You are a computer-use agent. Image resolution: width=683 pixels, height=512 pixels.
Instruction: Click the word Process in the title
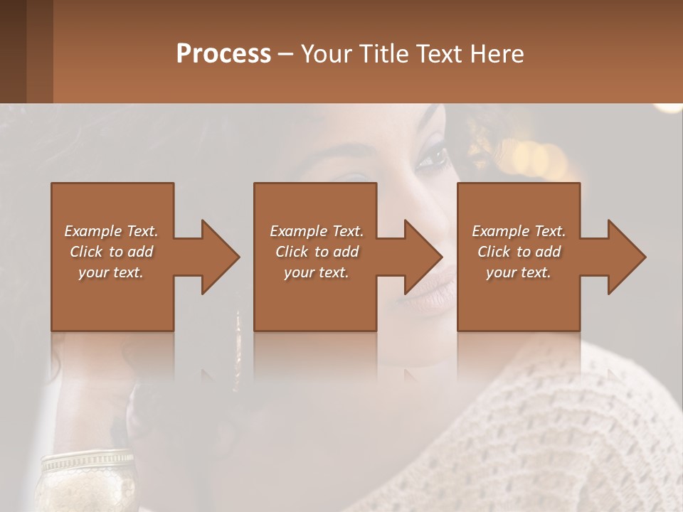click(223, 54)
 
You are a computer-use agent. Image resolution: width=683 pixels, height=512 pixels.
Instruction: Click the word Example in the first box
click(92, 231)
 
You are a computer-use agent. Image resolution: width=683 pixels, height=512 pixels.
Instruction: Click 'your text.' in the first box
click(111, 272)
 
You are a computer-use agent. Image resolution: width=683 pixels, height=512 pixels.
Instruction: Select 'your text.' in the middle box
click(316, 272)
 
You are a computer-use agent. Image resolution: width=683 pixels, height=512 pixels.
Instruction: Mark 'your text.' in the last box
click(518, 272)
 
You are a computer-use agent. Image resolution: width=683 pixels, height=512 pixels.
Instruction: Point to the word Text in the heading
click(439, 54)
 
